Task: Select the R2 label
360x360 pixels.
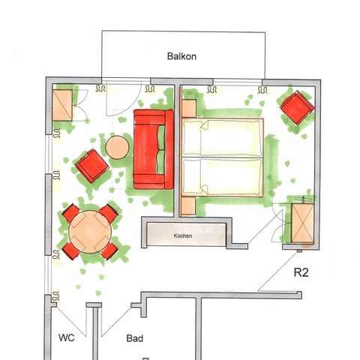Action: coord(301,273)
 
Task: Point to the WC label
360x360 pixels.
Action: coord(66,338)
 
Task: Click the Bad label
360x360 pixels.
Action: coord(135,339)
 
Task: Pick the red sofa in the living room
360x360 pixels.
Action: coord(150,148)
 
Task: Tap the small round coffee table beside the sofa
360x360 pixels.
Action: coord(117,147)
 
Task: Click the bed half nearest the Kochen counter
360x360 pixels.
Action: coord(222,176)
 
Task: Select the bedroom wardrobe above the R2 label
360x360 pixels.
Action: coord(304,223)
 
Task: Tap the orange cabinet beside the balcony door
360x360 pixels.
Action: coord(62,104)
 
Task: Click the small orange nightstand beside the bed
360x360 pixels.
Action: coord(188,108)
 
